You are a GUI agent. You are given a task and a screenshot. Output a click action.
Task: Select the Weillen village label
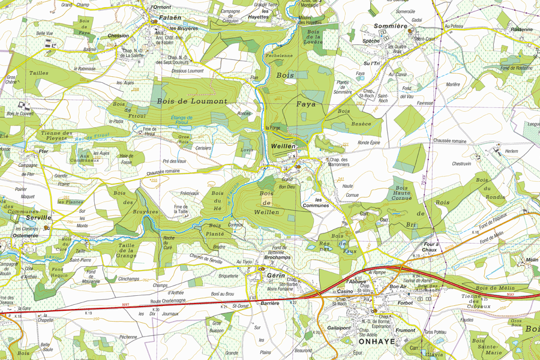click(x=283, y=146)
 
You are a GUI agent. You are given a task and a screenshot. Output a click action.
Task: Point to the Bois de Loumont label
click(x=192, y=101)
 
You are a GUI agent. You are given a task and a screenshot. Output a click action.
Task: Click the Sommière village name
click(x=391, y=26)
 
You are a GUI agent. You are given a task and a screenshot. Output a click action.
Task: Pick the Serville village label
click(x=39, y=217)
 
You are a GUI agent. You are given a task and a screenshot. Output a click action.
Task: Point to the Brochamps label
click(x=277, y=257)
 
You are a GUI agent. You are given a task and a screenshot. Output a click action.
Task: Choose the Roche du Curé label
click(x=169, y=242)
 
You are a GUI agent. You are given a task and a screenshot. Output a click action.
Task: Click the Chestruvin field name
click(x=461, y=163)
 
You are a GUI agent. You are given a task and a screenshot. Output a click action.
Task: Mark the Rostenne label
click(x=521, y=29)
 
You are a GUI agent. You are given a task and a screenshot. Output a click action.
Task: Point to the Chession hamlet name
click(x=118, y=35)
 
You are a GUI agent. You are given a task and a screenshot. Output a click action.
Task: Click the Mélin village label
click(x=531, y=260)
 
